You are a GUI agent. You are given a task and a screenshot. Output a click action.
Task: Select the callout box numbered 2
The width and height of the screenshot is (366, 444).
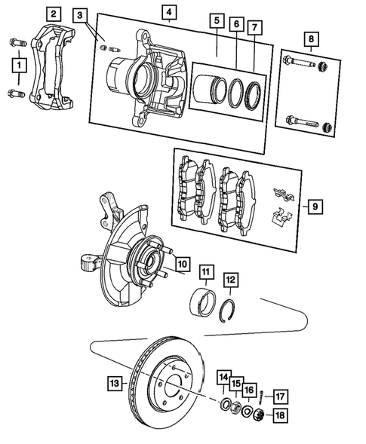tap(53, 13)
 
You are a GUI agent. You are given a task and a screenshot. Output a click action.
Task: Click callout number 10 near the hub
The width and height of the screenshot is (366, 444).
tap(182, 264)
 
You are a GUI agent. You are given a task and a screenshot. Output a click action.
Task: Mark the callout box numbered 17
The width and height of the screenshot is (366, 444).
tap(278, 396)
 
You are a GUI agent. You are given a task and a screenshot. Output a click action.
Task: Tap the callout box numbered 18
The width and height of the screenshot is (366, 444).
tap(278, 415)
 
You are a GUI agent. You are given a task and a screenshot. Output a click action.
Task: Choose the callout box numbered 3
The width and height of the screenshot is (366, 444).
tap(82, 15)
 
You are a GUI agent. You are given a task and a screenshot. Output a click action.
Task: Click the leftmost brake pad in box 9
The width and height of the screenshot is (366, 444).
tap(186, 189)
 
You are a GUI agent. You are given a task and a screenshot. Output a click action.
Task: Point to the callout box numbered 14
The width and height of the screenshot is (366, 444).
tap(224, 377)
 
